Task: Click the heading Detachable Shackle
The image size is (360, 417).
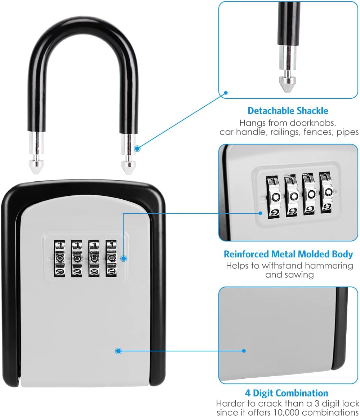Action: click(288, 111)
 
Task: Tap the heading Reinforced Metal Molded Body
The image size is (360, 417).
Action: click(288, 254)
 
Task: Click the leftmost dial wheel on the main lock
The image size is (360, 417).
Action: click(59, 258)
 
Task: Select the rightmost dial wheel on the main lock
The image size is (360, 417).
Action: click(111, 258)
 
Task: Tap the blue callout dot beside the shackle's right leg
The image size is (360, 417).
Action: click(138, 148)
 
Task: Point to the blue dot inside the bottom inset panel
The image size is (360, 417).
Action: click(244, 350)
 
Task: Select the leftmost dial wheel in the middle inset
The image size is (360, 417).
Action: click(274, 197)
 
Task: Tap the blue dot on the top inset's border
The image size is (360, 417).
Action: click(226, 92)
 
